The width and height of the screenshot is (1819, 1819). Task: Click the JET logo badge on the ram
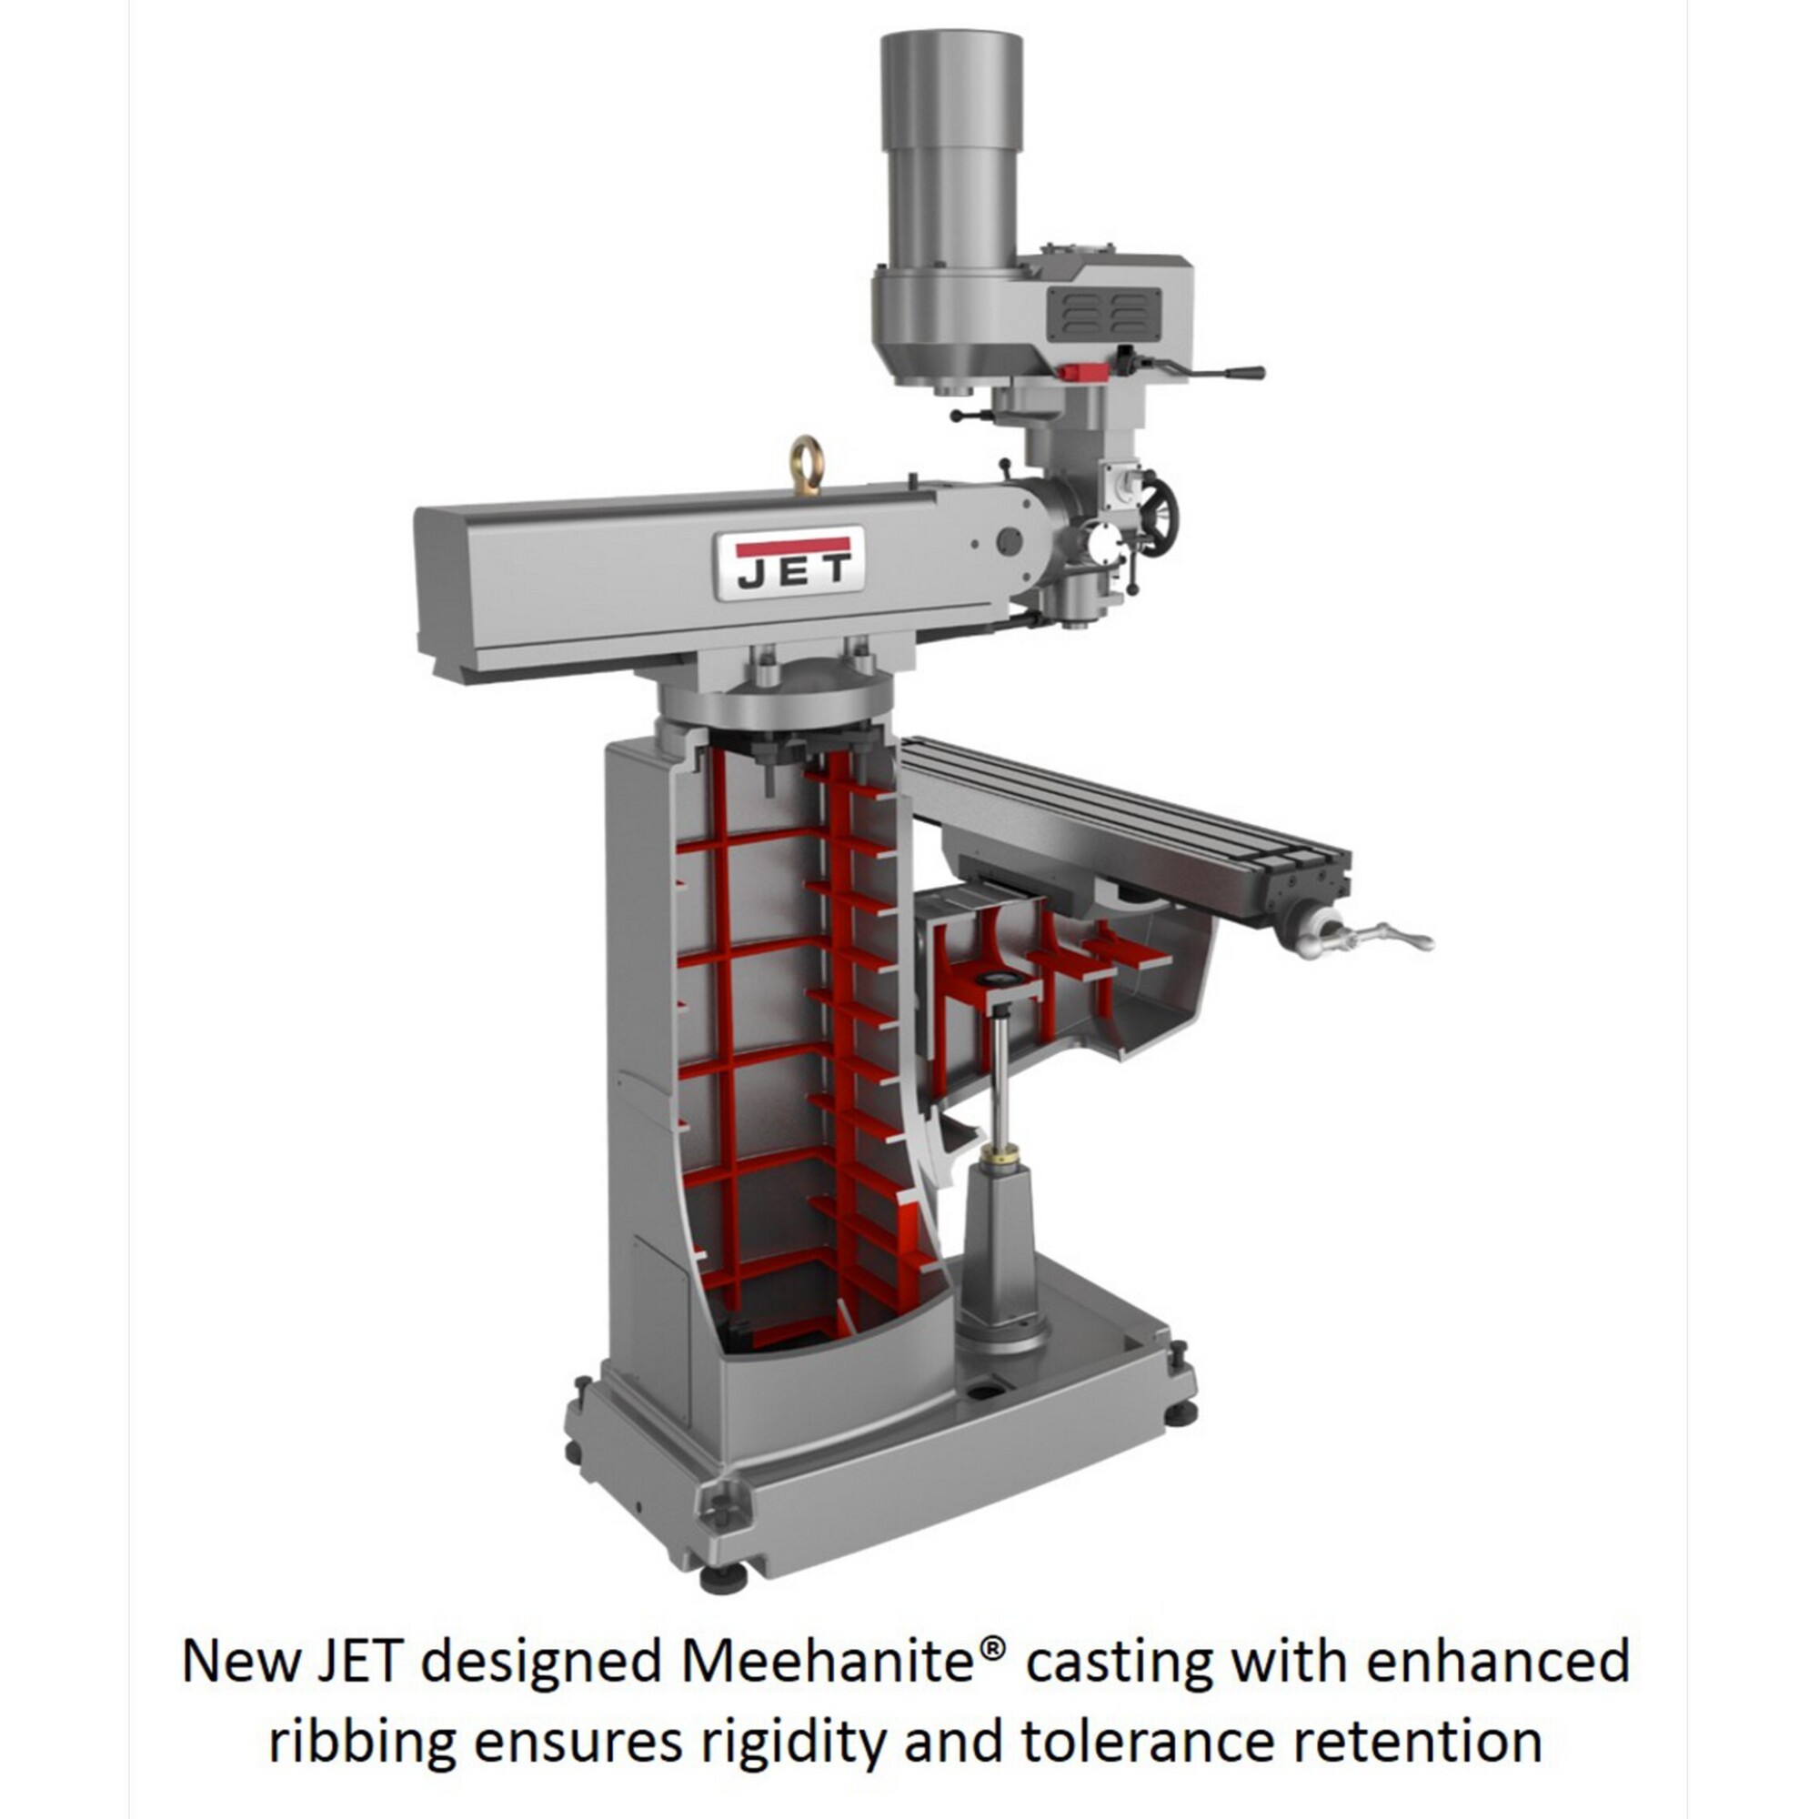point(789,563)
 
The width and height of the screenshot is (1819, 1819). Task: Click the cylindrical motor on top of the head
point(951,151)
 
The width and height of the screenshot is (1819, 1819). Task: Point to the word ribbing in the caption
point(362,1742)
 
